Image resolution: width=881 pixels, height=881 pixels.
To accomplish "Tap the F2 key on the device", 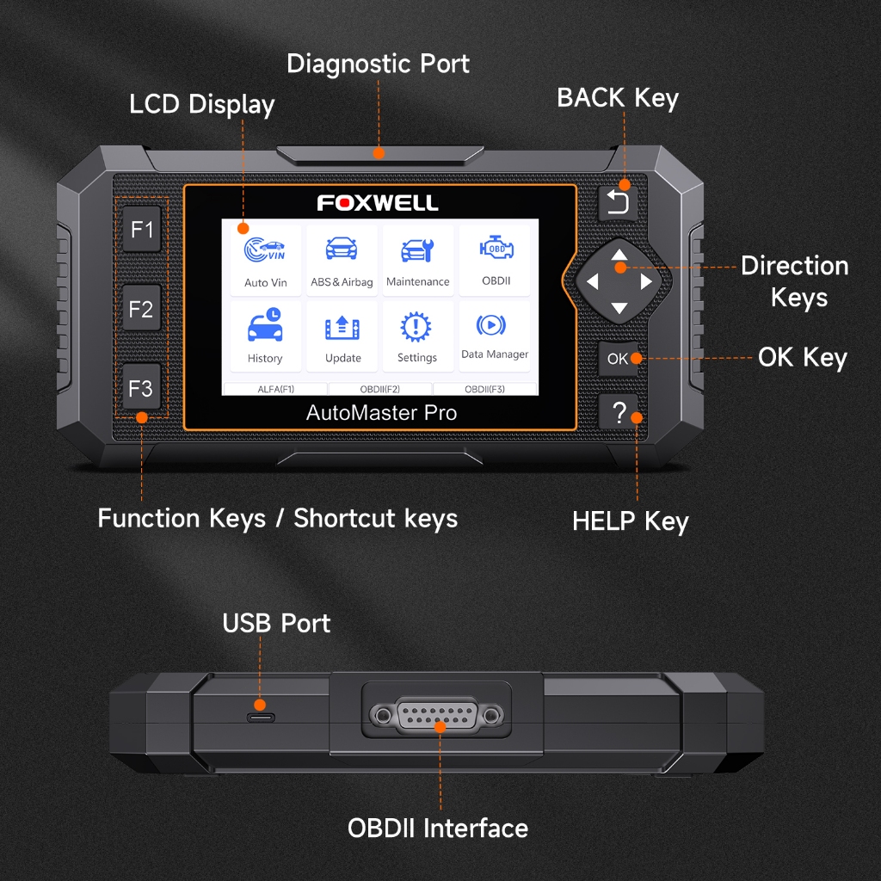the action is coord(142,309).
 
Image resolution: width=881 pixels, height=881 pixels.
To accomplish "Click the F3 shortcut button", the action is coord(142,388).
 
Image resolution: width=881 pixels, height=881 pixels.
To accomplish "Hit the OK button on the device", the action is coord(618,359).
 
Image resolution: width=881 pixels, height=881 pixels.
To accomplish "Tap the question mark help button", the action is coord(618,412).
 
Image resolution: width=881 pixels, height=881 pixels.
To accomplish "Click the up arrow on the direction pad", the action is coord(619,255).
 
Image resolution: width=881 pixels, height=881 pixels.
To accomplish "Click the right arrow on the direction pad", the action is coord(646,281).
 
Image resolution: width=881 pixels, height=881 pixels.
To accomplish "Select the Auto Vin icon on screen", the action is coord(265,250).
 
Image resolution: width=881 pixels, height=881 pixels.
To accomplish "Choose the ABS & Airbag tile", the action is coord(342,260).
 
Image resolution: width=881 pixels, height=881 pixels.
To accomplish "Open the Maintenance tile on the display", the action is coord(417,260).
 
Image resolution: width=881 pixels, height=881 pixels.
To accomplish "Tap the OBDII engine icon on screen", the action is coord(496,248).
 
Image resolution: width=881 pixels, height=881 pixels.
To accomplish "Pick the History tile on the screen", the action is coord(265,336).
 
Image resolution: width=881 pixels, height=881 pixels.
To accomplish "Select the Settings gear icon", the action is coord(416,326).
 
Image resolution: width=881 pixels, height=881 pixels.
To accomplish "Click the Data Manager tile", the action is coord(495,336).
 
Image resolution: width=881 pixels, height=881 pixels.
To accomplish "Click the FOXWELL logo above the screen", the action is coord(378,203).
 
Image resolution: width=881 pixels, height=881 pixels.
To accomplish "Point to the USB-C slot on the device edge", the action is coord(261,718).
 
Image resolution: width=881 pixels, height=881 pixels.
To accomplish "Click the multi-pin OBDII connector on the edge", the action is coord(437,716).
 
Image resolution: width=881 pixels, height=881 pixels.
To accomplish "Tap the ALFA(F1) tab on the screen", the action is coord(275,389).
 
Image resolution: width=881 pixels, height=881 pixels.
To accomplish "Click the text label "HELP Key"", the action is coord(631,522).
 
